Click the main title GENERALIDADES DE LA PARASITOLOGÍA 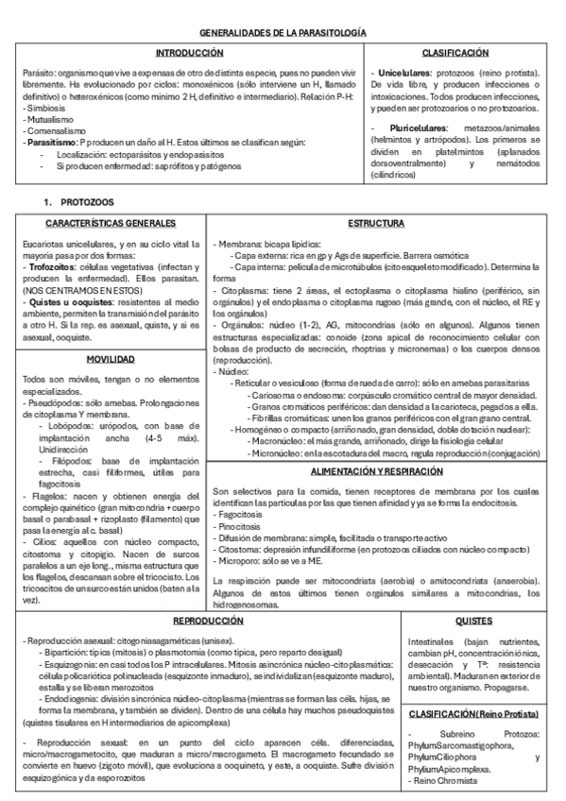click(x=283, y=32)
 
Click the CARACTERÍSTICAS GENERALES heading click(x=110, y=224)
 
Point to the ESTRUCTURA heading click(x=376, y=224)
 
